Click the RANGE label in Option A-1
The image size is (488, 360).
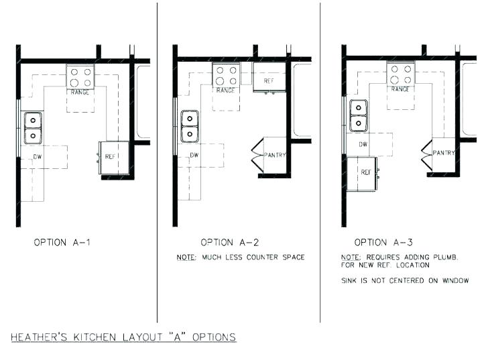[80, 92]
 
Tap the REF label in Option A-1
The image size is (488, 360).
[112, 156]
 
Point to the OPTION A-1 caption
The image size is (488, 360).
[62, 242]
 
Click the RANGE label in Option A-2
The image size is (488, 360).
[227, 90]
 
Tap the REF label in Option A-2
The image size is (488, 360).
[269, 81]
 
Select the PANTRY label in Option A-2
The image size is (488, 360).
[276, 156]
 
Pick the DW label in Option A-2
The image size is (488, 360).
[194, 156]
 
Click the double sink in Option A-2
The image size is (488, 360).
[190, 126]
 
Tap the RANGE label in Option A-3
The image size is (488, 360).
[400, 88]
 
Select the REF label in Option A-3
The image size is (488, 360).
[366, 172]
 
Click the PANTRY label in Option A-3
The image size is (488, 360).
[444, 153]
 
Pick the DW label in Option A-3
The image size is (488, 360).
[363, 144]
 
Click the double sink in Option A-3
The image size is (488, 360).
[359, 115]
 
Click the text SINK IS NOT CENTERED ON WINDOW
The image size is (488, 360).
[405, 280]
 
